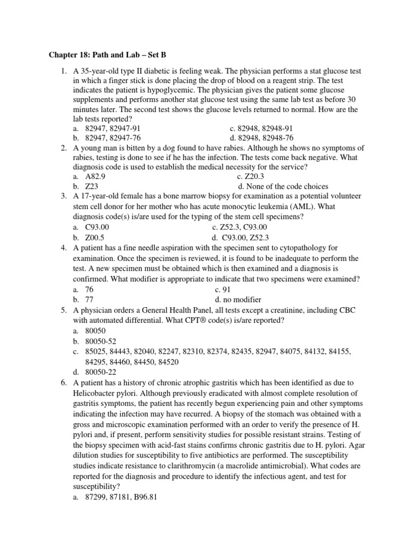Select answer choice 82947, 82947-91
[114, 128]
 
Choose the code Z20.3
[254, 177]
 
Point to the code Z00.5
[95, 237]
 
